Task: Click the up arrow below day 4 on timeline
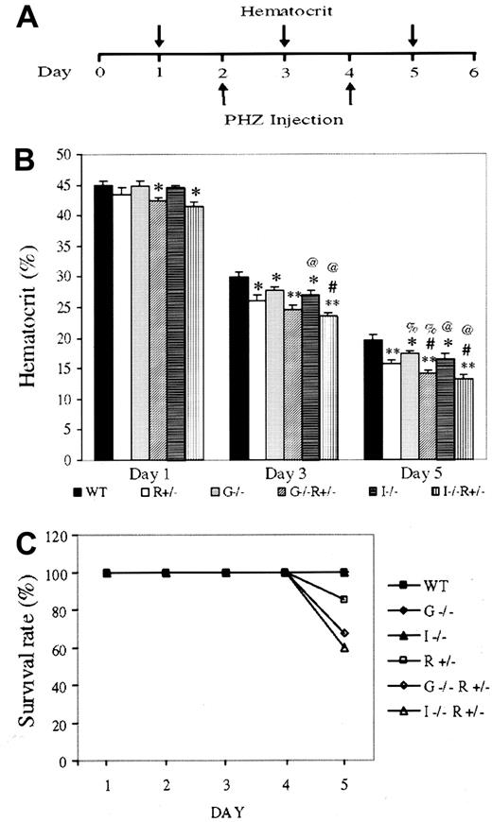(x=350, y=93)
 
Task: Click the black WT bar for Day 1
(x=102, y=322)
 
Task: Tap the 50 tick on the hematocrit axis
(x=64, y=153)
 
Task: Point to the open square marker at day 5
(x=345, y=599)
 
